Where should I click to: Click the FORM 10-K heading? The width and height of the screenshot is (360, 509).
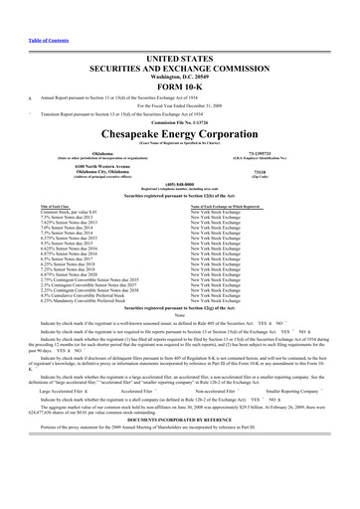point(179,56)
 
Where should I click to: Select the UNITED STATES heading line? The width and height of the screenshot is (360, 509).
point(179,32)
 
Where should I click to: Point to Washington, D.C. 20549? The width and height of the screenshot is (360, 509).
point(179,46)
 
